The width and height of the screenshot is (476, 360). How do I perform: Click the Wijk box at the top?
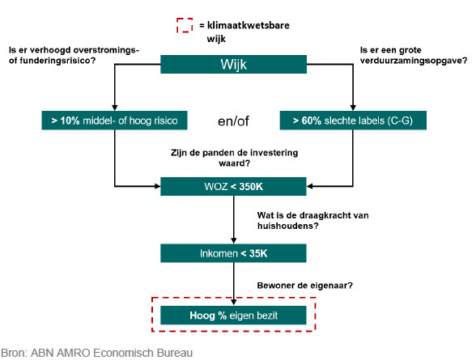tap(233, 64)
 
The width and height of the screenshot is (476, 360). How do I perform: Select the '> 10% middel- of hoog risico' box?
tap(114, 121)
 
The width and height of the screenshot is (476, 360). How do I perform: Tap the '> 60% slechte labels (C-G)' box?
tap(353, 121)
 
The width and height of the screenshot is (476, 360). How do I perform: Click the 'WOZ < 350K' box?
tap(233, 187)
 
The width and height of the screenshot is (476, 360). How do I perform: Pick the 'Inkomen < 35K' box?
tap(233, 253)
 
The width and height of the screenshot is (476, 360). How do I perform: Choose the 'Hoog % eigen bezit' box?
tap(233, 316)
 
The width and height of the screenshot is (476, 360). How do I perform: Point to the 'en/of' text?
tap(233, 121)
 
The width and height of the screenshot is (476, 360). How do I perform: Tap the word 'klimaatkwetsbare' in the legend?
tap(249, 25)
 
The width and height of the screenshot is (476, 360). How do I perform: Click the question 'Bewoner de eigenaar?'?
tap(304, 286)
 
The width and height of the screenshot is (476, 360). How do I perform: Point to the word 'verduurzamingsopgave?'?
tap(414, 61)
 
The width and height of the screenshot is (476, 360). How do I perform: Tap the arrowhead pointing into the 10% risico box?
tap(114, 108)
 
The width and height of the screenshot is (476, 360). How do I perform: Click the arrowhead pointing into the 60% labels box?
tap(353, 108)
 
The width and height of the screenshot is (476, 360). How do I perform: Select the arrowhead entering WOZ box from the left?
tap(157, 186)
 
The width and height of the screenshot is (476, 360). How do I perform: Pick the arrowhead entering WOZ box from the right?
tap(309, 186)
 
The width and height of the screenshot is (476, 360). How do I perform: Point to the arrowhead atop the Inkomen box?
tap(233, 241)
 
